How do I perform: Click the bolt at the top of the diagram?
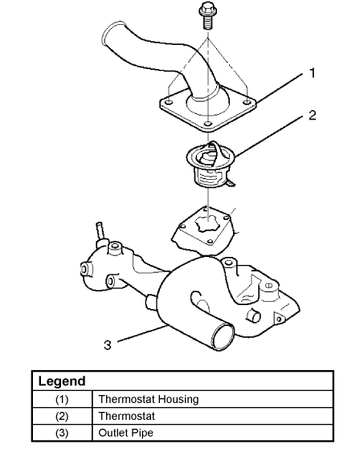pyautogui.click(x=207, y=15)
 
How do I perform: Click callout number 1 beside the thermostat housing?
pyautogui.click(x=312, y=73)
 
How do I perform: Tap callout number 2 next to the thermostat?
pyautogui.click(x=313, y=116)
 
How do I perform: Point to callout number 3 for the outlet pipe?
pyautogui.click(x=108, y=344)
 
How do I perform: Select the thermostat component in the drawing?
pyautogui.click(x=211, y=165)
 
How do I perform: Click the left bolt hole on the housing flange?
pyautogui.click(x=169, y=102)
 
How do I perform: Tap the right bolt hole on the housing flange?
pyautogui.click(x=247, y=102)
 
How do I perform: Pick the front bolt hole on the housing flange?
pyautogui.click(x=207, y=124)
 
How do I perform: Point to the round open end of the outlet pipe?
pyautogui.click(x=223, y=336)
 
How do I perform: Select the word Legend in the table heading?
pyautogui.click(x=62, y=381)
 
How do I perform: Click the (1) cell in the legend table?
pyautogui.click(x=62, y=399)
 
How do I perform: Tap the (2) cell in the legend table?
pyautogui.click(x=62, y=416)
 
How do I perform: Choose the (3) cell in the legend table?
pyautogui.click(x=62, y=433)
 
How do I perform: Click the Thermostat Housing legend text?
pyautogui.click(x=149, y=399)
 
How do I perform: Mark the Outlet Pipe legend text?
pyautogui.click(x=126, y=433)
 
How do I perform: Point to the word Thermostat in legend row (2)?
pyautogui.click(x=127, y=416)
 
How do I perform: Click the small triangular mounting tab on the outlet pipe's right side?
pyautogui.click(x=279, y=318)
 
